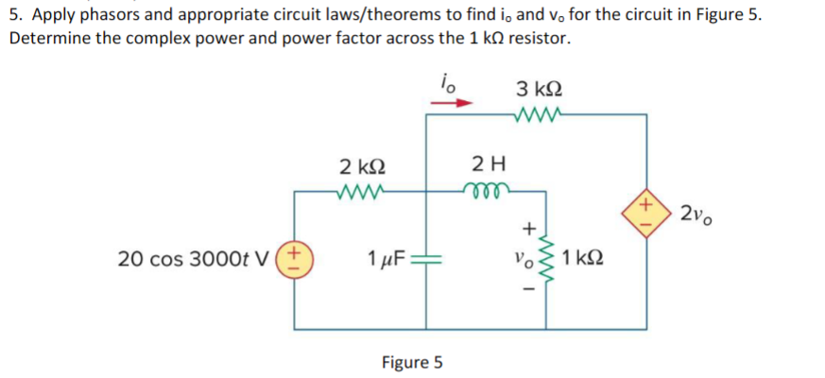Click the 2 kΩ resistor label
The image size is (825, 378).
(x=360, y=167)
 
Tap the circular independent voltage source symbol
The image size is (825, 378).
(x=294, y=257)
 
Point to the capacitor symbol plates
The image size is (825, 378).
(x=427, y=257)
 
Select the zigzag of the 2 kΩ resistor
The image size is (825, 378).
(x=360, y=189)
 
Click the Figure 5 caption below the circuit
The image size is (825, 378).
(x=412, y=361)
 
